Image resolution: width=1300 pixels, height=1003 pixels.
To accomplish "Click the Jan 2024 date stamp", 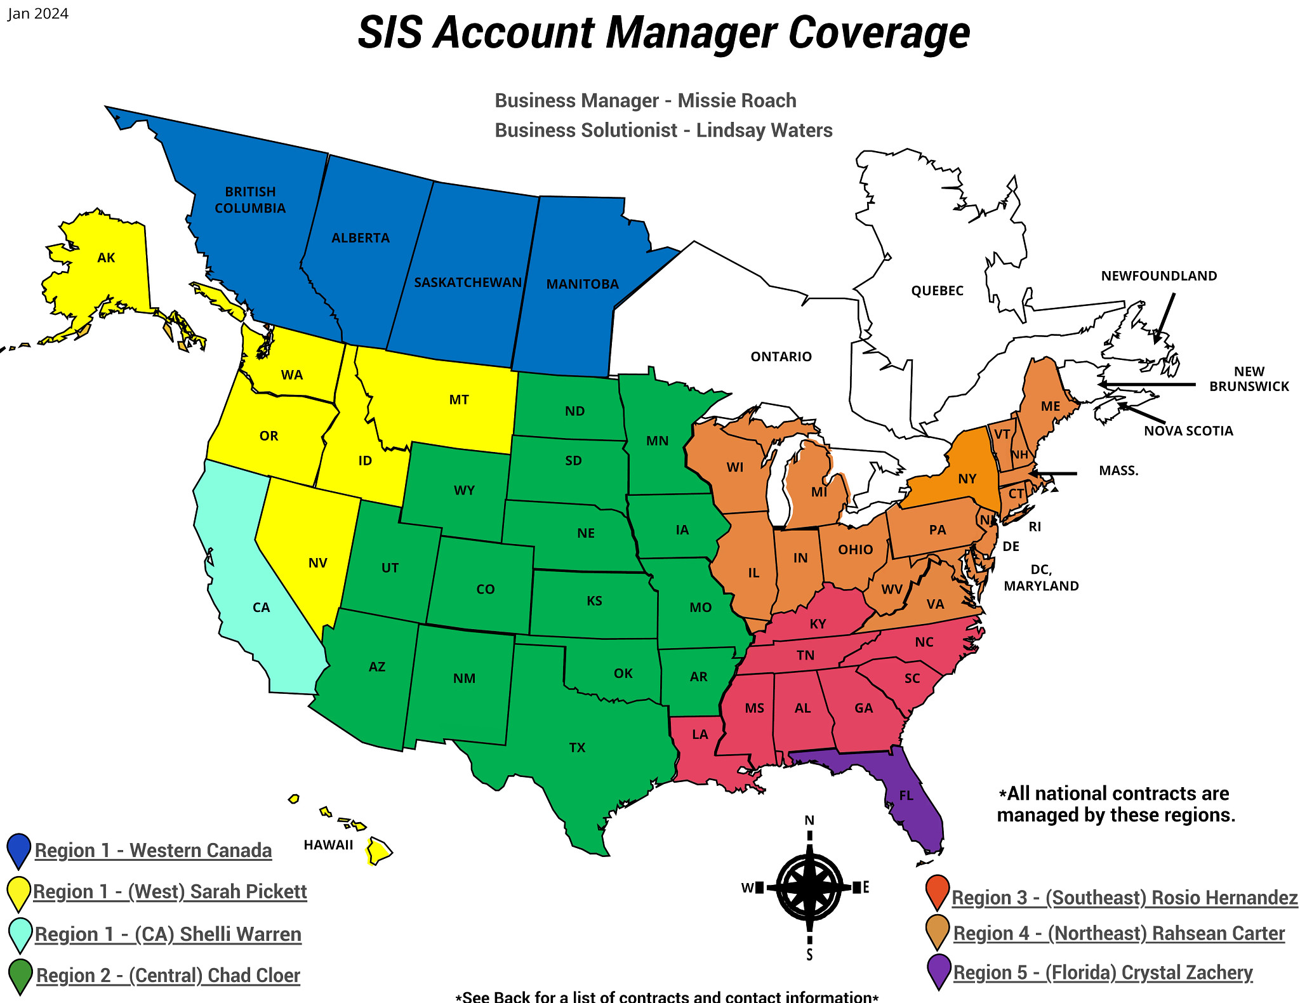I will [38, 14].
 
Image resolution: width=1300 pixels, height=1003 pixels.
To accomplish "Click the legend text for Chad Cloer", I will [168, 976].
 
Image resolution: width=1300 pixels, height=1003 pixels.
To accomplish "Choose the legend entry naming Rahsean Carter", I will [1118, 934].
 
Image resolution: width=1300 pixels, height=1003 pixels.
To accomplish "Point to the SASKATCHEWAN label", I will [468, 282].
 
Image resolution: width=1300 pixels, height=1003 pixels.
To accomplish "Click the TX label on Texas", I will [577, 748].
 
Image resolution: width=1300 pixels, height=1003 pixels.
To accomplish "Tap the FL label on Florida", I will [906, 795].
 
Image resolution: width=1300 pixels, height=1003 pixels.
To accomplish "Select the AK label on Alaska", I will [106, 258].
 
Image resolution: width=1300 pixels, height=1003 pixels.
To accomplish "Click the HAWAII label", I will [328, 845].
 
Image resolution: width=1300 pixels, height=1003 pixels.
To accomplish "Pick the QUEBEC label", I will [937, 291].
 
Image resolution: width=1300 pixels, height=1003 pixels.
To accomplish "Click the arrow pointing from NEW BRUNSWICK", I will [1146, 384].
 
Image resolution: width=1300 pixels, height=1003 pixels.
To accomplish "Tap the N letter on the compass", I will [809, 820].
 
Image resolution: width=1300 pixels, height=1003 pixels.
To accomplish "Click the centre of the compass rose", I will [809, 887].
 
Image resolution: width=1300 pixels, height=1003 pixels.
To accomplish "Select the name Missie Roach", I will [736, 100].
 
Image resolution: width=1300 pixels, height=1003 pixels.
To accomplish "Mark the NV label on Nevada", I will [317, 563].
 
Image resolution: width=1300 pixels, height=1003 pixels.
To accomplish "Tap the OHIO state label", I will [855, 550].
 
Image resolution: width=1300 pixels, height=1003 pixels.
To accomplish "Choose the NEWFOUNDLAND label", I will [1158, 276].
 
